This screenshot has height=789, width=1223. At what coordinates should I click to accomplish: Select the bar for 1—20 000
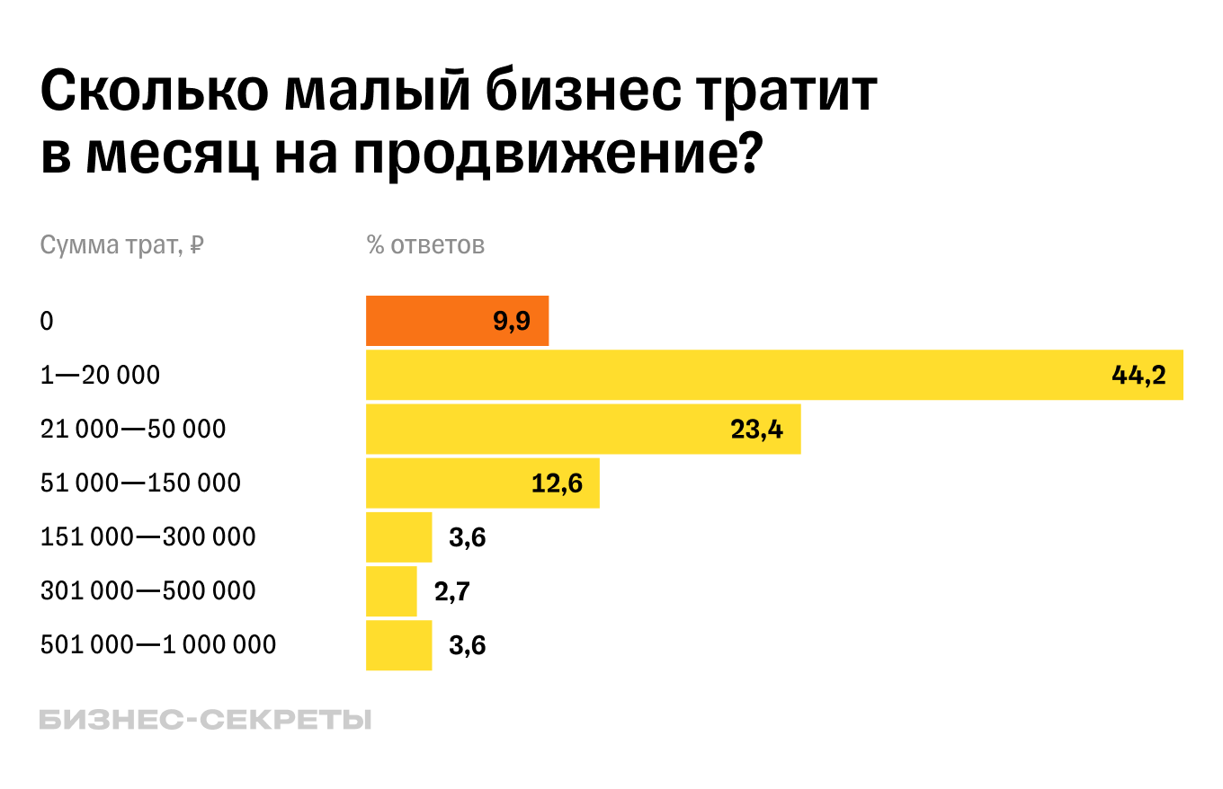719,375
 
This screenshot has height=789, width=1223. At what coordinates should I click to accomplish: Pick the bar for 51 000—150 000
450,483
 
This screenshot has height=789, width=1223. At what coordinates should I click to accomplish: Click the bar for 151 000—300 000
398,536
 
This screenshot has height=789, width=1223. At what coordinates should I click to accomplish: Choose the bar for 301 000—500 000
391,590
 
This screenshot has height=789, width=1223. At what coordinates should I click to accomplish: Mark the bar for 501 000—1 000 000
398,644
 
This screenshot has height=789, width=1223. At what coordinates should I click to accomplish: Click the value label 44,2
1138,376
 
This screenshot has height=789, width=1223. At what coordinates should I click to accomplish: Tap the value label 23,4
756,430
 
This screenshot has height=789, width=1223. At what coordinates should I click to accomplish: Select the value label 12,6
557,483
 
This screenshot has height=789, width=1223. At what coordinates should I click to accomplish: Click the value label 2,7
451,591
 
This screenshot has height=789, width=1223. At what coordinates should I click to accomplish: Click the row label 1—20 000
100,375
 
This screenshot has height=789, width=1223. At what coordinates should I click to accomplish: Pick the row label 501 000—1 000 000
158,644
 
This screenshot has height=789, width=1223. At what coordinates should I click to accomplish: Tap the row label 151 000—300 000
148,536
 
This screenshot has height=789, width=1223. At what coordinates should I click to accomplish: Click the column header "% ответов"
425,244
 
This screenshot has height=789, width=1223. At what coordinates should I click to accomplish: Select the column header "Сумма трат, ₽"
121,244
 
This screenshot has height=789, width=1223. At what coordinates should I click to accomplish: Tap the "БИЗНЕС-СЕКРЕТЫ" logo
205,720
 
